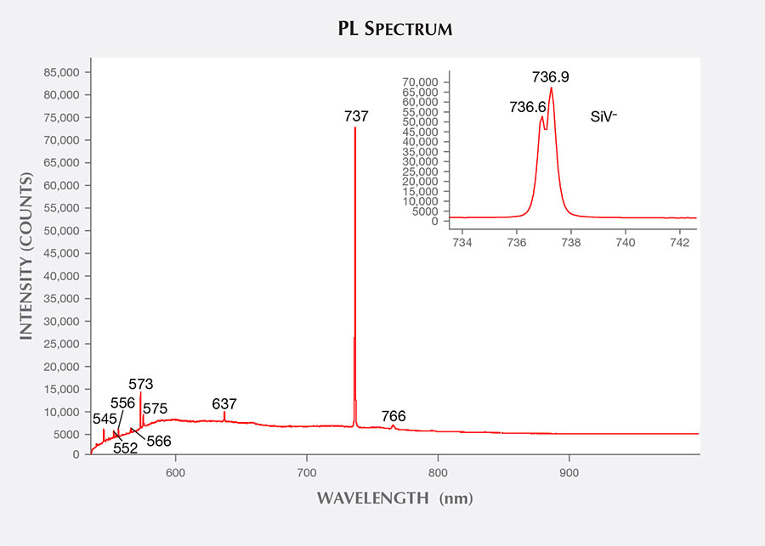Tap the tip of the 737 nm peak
point(354,128)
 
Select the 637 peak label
point(224,403)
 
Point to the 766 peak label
point(394,416)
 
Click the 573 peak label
point(141,384)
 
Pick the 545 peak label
point(105,418)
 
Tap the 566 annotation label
point(159,441)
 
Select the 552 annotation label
point(125,447)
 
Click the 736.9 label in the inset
point(551,77)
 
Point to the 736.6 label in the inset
point(528,107)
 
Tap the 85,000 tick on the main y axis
point(60,72)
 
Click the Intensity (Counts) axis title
point(26,257)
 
